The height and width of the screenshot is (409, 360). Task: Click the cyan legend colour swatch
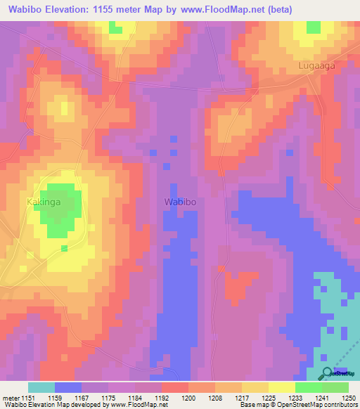(x=41, y=387)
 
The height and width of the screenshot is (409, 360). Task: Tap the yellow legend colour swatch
(x=281, y=387)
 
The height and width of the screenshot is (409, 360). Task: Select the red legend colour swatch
(x=174, y=387)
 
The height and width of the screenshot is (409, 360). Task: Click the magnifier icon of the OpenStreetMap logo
(x=326, y=373)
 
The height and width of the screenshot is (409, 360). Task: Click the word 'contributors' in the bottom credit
(x=340, y=405)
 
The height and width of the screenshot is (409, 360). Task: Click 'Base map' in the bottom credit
(x=252, y=405)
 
